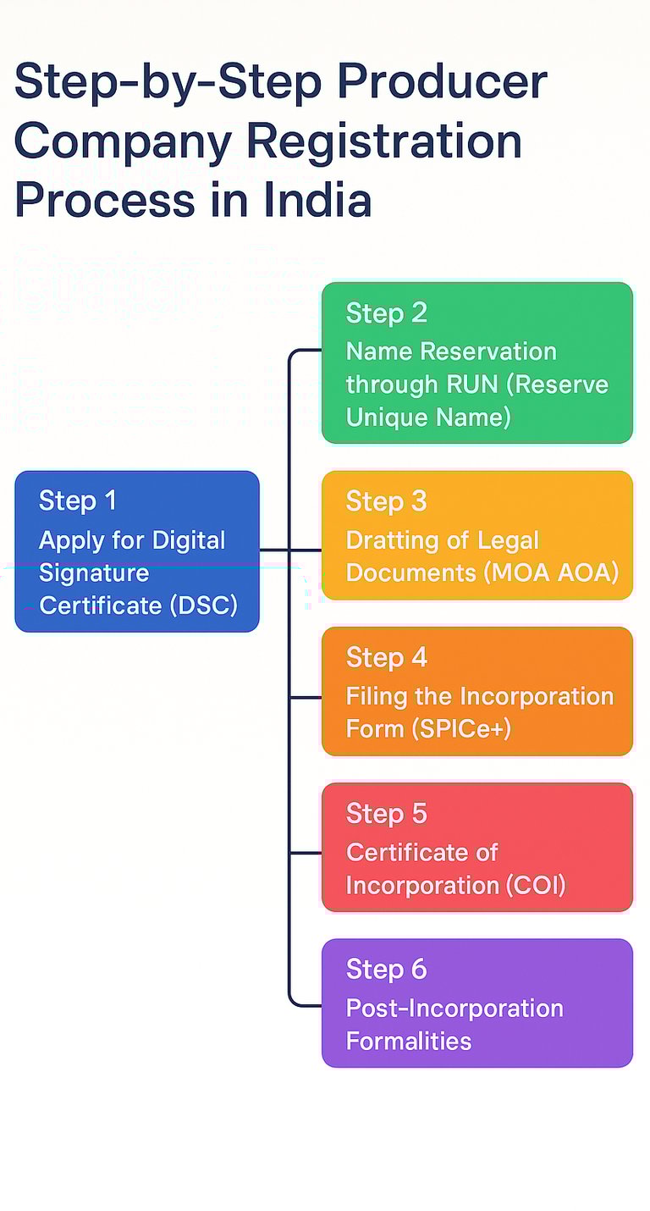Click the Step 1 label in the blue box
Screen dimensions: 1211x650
78,500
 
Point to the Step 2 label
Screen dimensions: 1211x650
386,313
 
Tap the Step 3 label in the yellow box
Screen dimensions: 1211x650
386,501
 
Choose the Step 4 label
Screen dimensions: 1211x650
386,658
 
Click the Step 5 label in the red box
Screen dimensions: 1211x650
386,814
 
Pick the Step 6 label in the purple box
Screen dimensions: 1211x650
386,970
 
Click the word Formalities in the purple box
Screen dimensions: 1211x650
408,1040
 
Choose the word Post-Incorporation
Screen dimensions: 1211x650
454,1008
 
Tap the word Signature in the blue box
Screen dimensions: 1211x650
94,573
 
